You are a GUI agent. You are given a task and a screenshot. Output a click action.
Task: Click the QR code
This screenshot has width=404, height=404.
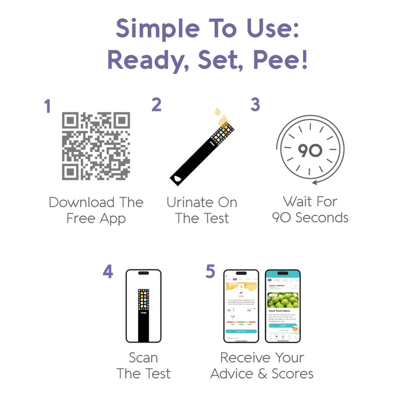point(96,146)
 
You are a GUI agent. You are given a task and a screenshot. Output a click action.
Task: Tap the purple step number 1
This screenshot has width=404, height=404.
point(48,106)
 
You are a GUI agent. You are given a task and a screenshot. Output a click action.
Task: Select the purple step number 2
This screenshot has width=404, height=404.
point(157,105)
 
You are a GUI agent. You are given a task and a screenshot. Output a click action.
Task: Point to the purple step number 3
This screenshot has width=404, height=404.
point(255,105)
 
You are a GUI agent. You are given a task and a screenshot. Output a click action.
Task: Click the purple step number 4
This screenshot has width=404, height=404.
point(108,272)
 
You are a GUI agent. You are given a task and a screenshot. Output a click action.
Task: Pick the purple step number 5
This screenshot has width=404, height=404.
point(210,272)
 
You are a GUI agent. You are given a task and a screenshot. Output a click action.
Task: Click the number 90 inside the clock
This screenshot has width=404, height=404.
point(310,150)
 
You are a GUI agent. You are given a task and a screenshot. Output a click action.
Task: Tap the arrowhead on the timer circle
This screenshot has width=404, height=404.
point(315,182)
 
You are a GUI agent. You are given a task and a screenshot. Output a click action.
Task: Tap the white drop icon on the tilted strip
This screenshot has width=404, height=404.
point(178,177)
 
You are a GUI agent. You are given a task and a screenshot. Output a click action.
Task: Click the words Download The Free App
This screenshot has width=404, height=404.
point(96,210)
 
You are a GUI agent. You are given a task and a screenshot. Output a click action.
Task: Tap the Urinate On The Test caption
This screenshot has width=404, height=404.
point(202,210)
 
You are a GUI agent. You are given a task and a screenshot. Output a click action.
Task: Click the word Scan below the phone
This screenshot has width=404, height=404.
point(144,358)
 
